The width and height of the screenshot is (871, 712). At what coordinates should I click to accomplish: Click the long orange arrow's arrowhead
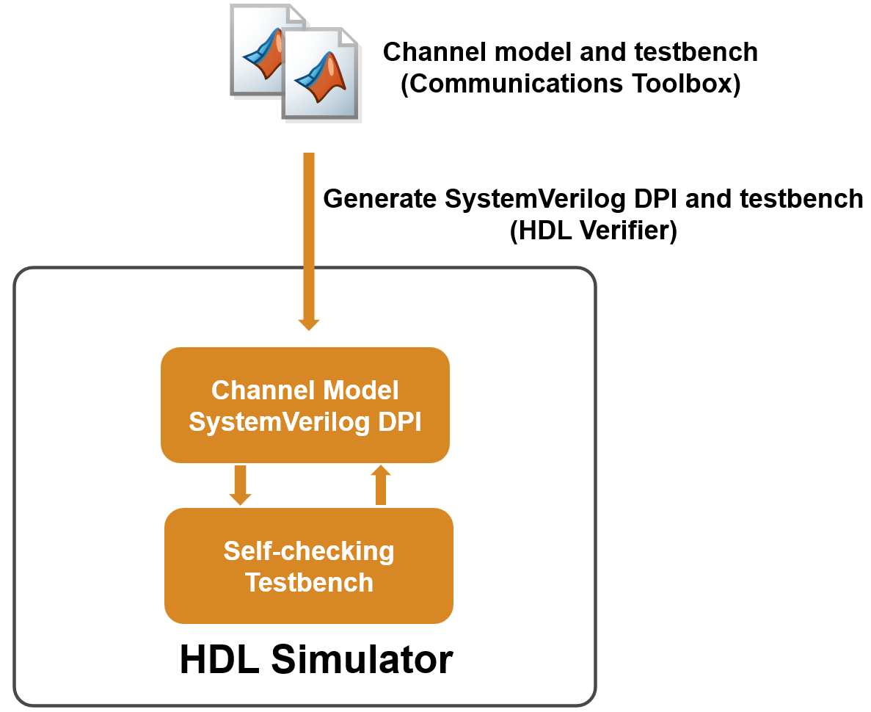309,322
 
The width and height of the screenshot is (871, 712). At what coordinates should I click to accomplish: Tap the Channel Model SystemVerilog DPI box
305,405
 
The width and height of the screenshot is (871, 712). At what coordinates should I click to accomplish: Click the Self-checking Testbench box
308,566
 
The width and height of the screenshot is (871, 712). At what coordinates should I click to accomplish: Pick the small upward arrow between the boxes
380,484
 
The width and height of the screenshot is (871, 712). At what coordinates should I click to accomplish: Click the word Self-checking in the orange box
308,551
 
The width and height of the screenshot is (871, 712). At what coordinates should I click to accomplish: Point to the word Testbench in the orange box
308,582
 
